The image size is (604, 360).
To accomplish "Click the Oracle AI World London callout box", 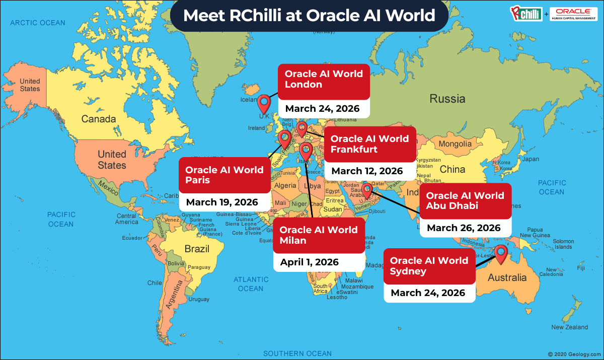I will coord(324,80).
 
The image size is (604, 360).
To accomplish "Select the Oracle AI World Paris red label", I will coord(224,175).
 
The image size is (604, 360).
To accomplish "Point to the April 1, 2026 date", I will coord(309,262).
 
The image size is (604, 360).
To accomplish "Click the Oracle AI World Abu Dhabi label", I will coord(465,200).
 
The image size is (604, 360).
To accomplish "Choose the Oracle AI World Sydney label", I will coord(429,266).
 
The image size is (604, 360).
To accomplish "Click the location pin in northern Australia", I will coord(501,253).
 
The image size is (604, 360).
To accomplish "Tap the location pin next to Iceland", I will coord(264,104).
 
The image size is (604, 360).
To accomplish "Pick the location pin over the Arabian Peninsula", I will coord(367,190).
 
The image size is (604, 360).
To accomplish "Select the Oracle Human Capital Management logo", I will coord(573,13).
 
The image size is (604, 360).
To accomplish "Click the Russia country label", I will coord(447,99).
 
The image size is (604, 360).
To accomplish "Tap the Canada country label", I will coord(99,119).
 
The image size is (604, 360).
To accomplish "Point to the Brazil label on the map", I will coord(197,249).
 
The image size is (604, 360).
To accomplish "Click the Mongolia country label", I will coord(455,144).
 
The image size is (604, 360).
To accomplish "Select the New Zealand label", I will coord(569,327).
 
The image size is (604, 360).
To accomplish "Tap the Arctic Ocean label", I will coord(38,23).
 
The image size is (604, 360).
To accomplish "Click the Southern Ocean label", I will coord(297,353).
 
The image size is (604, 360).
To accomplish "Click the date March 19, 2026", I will coord(222,202).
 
